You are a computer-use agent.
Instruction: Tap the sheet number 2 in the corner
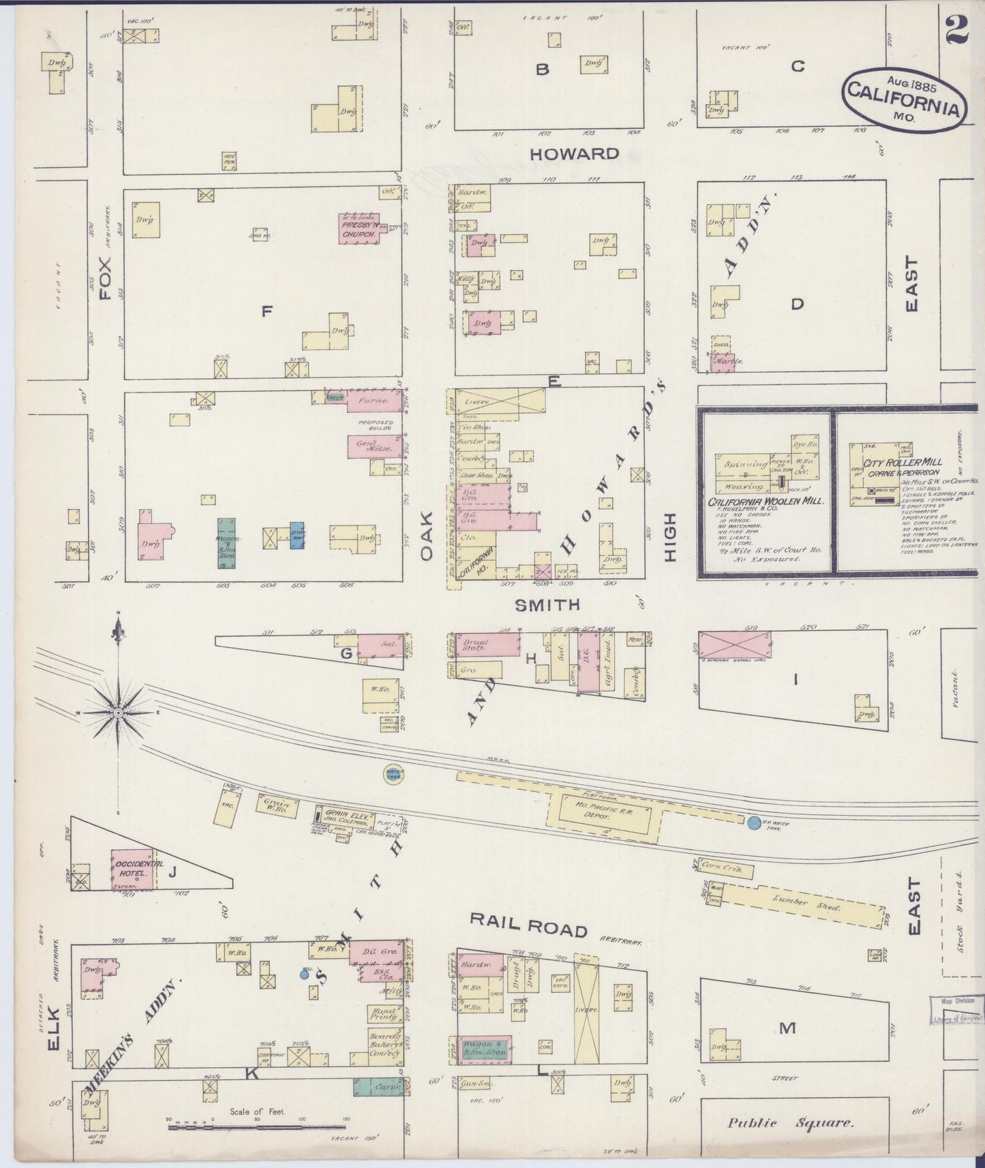coord(957,29)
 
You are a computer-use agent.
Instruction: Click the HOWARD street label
coord(574,154)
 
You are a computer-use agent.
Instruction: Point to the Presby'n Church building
coord(359,229)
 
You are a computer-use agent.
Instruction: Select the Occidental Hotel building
coord(133,869)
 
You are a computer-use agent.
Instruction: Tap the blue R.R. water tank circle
coord(753,823)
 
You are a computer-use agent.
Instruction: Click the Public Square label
coord(790,1123)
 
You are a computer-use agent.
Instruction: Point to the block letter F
coord(267,312)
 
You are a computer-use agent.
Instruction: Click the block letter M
coord(787,1028)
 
